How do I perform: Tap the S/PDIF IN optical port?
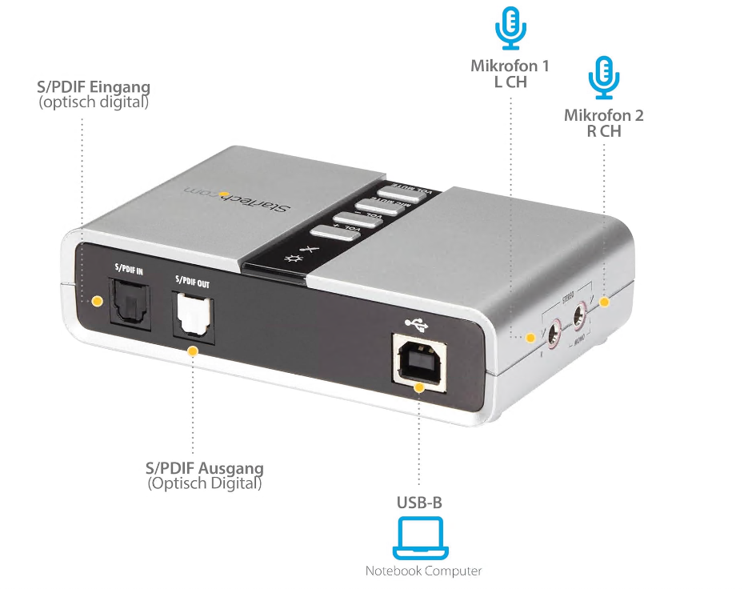pos(127,303)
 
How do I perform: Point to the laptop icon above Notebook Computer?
pos(420,537)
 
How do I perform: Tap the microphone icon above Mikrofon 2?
pos(603,75)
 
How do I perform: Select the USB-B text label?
pos(419,503)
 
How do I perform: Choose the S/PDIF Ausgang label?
pos(205,467)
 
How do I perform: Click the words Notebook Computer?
pos(423,571)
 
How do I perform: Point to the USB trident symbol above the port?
pos(418,323)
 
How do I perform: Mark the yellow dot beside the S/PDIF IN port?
pos(96,301)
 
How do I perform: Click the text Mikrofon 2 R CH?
pos(603,122)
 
